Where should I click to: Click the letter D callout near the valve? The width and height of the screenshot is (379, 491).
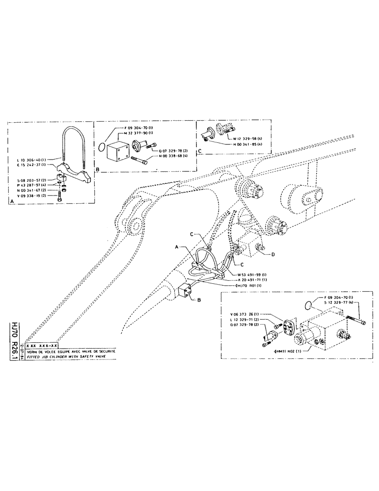pos(273,254)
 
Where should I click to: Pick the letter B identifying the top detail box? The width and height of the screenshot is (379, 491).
pos(99,168)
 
